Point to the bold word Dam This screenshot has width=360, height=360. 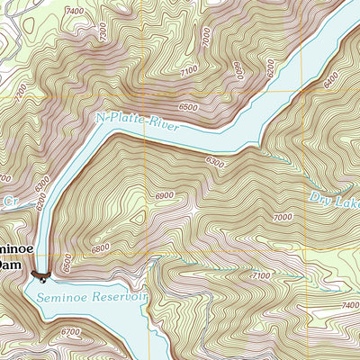[x=8, y=265]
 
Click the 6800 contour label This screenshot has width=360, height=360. [x=100, y=247]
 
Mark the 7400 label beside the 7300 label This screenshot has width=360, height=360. [x=75, y=11]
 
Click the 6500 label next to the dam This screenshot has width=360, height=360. [x=65, y=262]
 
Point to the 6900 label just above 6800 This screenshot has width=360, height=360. [x=165, y=195]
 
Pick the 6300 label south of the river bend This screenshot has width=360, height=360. [x=213, y=162]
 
